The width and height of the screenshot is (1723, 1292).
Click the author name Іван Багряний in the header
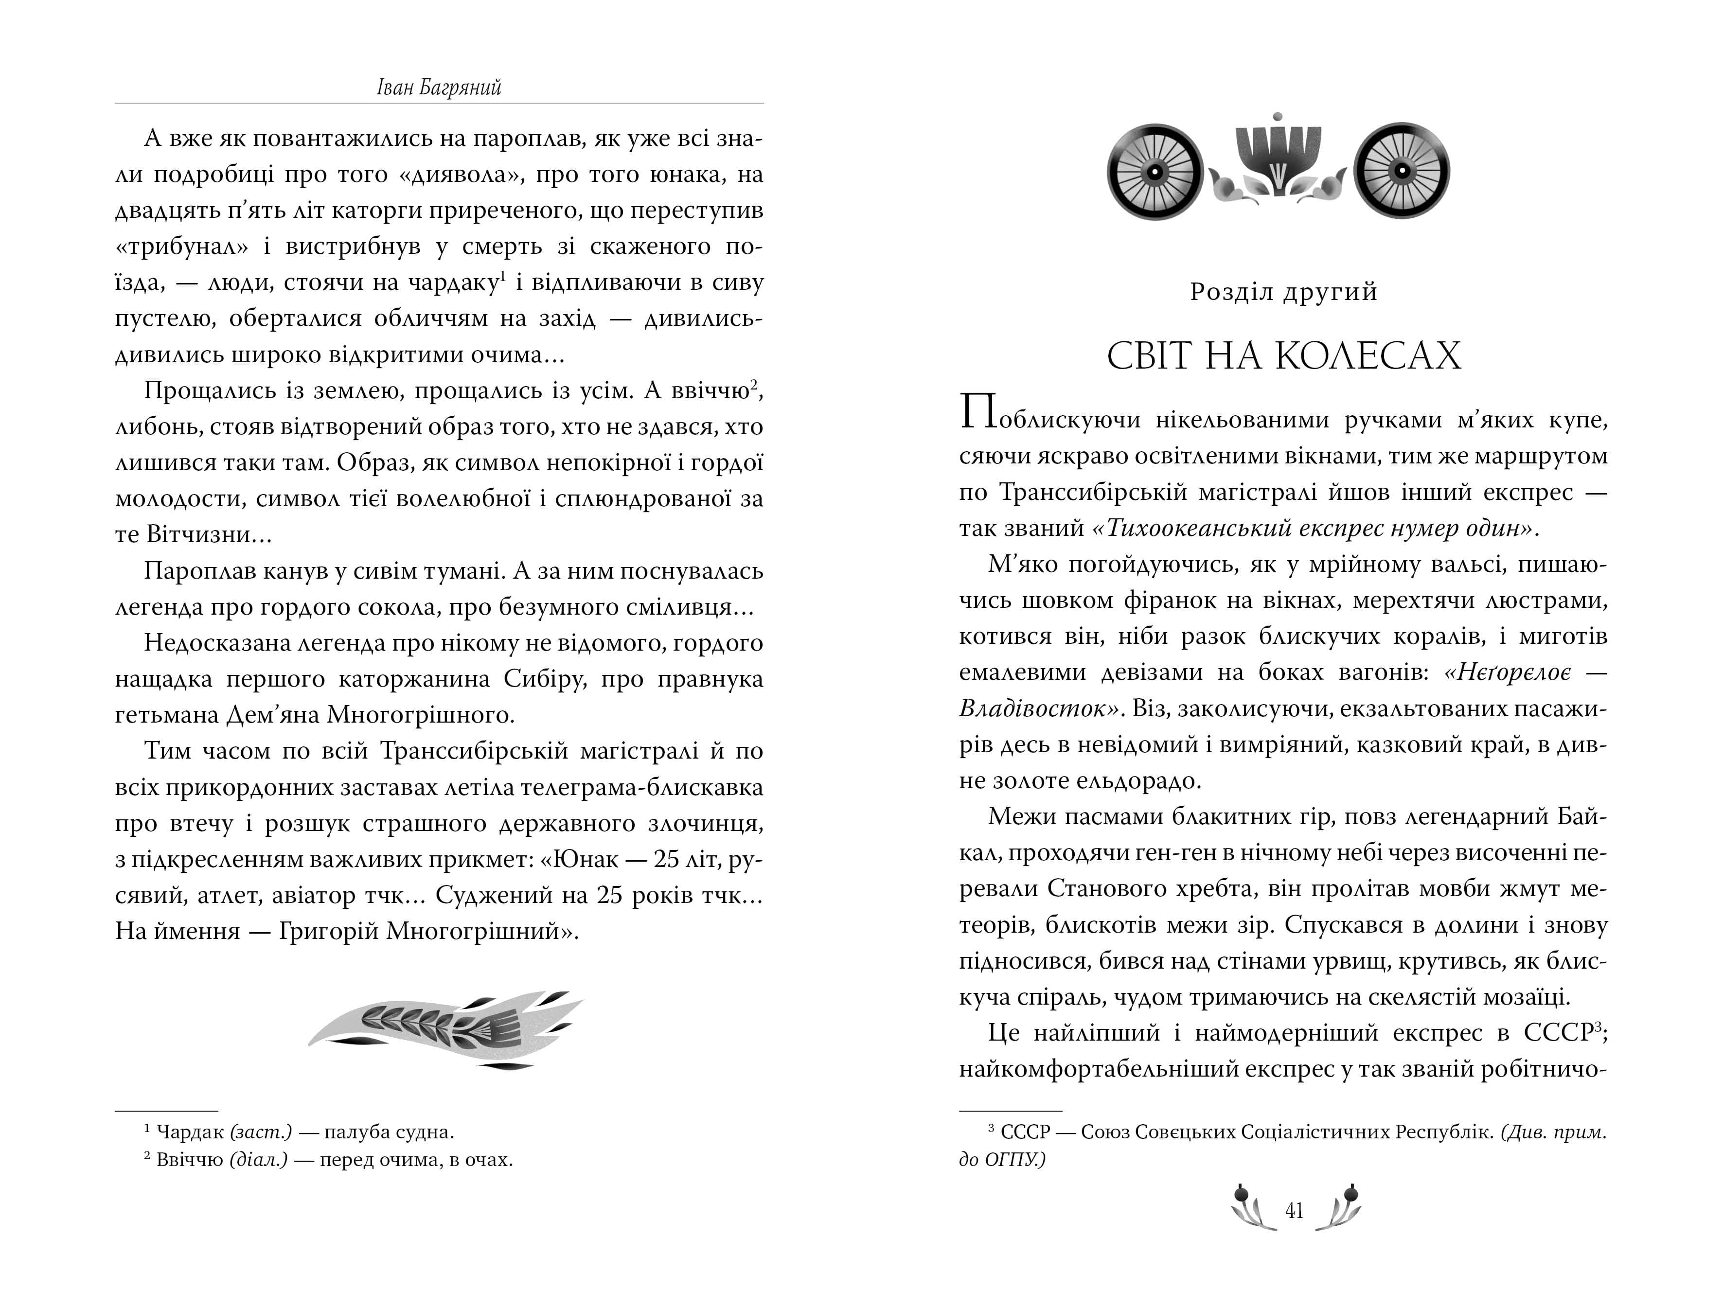pyautogui.click(x=439, y=87)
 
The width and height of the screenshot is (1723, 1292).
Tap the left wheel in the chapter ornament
pyautogui.click(x=1155, y=171)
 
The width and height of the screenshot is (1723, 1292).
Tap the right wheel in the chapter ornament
pyautogui.click(x=1401, y=171)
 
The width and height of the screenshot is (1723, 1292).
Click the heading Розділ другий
pyautogui.click(x=1284, y=292)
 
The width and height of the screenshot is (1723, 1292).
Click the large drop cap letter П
pyautogui.click(x=979, y=413)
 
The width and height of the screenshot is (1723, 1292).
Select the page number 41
pyautogui.click(x=1294, y=1211)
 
